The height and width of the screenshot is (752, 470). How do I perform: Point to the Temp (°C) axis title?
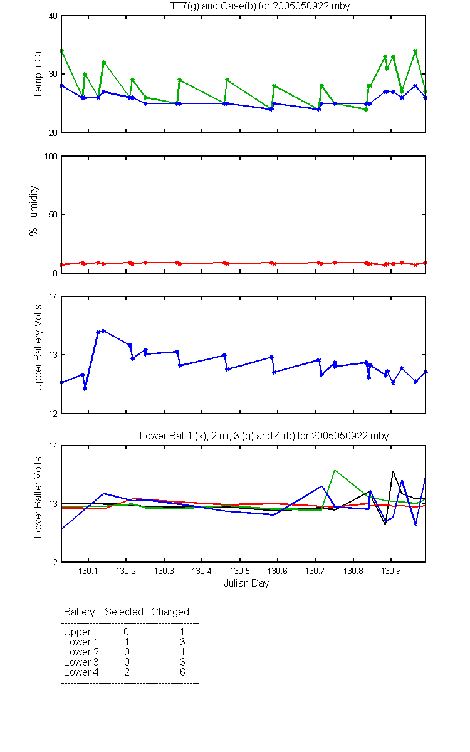(x=38, y=75)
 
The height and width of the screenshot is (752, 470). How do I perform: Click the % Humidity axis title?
(x=34, y=211)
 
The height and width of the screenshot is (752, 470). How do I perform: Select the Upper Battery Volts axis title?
(x=38, y=348)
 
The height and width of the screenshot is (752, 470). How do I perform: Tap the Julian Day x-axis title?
(x=246, y=583)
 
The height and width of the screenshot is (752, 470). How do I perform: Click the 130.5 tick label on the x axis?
(x=239, y=571)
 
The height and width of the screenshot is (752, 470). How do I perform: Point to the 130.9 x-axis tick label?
(x=391, y=571)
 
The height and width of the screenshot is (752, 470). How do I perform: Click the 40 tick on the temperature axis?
(x=53, y=16)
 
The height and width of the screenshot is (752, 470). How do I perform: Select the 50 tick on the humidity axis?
(x=53, y=214)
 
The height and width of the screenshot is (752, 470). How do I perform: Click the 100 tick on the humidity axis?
(x=51, y=156)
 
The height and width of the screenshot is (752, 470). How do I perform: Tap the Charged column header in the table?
(x=170, y=612)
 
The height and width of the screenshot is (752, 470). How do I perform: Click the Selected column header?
(x=124, y=612)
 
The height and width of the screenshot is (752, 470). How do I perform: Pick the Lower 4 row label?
(x=81, y=672)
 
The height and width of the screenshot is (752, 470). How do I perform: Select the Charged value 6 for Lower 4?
(x=182, y=672)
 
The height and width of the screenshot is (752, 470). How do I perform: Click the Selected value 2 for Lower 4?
(x=127, y=672)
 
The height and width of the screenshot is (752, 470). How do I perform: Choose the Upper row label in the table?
(x=77, y=632)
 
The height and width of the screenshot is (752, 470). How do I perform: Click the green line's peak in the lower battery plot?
(x=335, y=470)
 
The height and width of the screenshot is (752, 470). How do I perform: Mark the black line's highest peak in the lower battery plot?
(x=393, y=471)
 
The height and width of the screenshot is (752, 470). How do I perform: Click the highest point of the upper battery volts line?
(x=104, y=331)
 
